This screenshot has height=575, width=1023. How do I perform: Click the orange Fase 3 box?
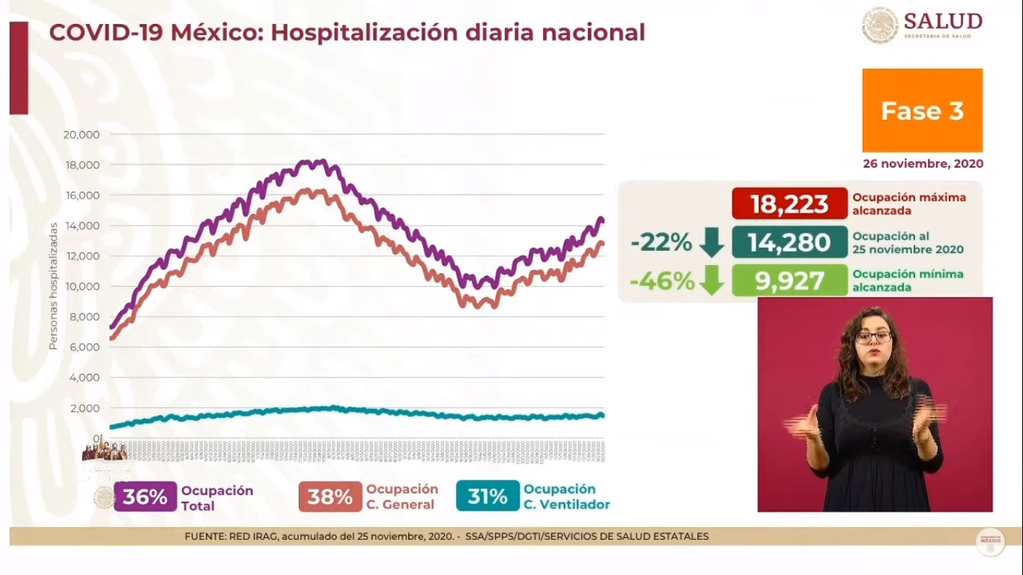(x=922, y=111)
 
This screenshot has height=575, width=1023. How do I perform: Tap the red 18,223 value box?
(x=789, y=204)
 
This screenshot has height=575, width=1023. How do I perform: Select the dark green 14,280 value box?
(x=789, y=243)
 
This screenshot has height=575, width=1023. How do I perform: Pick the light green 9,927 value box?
(x=789, y=281)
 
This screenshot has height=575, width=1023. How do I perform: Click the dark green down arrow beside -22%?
(x=711, y=243)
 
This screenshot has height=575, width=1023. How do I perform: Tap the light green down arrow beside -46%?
(x=711, y=281)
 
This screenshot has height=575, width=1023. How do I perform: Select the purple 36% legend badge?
(x=145, y=497)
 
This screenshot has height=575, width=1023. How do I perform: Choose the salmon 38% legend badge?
(x=330, y=497)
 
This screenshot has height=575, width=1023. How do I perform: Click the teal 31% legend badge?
(x=487, y=496)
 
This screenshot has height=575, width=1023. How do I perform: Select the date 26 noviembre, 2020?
(x=923, y=163)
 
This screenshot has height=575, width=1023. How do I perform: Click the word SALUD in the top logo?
(x=943, y=21)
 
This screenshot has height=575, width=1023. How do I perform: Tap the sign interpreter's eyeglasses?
(x=873, y=337)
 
